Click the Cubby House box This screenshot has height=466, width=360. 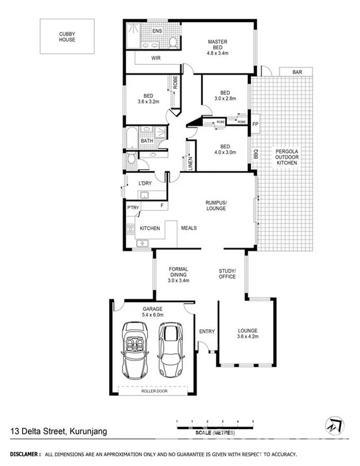tap(67, 36)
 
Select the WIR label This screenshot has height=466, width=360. tap(156, 58)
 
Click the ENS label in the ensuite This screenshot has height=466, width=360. tap(157, 31)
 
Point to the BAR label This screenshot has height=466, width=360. tap(297, 72)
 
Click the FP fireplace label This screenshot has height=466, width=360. tap(255, 124)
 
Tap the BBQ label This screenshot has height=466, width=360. tap(256, 155)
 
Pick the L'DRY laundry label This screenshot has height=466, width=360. tap(145, 183)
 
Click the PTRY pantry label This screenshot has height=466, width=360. tap(133, 207)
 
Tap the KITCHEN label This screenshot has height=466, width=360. tap(150, 228)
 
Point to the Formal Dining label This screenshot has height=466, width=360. tap(178, 275)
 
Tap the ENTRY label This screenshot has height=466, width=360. tap(207, 332)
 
